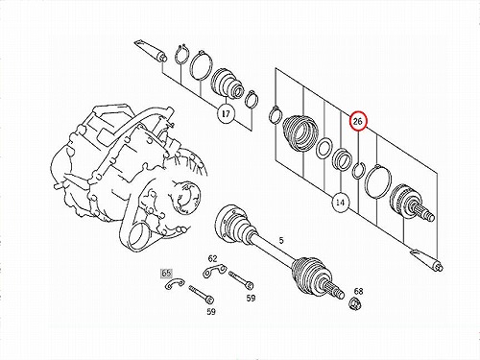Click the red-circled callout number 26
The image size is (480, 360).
tap(358, 121)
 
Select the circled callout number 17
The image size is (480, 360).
tap(226, 113)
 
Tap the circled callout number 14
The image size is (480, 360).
tap(340, 203)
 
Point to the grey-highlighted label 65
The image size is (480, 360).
tap(166, 273)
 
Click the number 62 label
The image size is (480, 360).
tap(212, 258)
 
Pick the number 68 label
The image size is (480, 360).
tap(358, 291)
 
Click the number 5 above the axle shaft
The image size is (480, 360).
tap(281, 240)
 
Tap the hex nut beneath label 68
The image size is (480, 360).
tap(354, 302)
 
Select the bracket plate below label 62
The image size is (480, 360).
tap(214, 271)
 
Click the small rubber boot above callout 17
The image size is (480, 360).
tap(228, 83)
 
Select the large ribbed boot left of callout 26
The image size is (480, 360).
tap(300, 132)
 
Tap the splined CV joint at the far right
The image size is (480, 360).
tap(412, 203)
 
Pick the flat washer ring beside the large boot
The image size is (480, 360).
tap(324, 148)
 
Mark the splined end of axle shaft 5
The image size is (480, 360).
tap(333, 288)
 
